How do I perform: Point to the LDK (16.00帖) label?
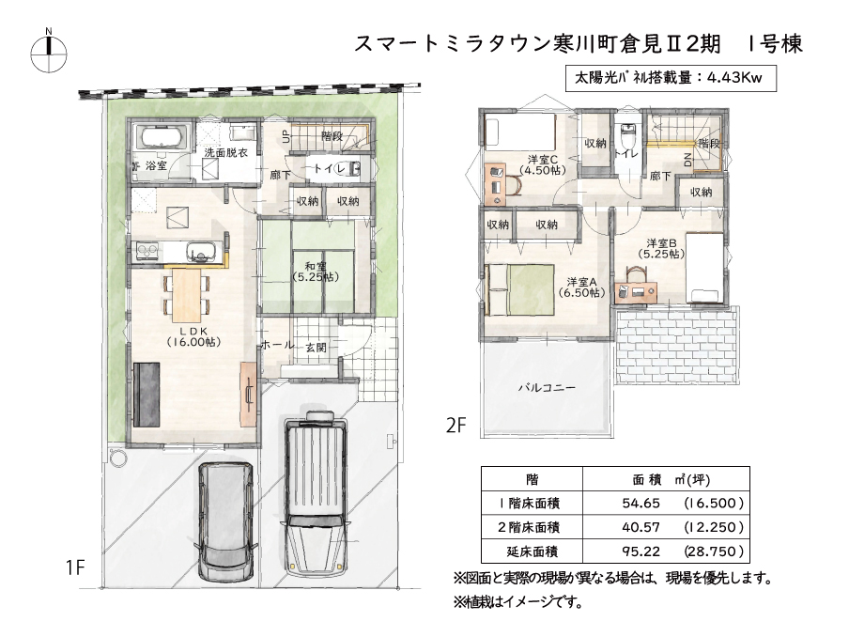pyautogui.click(x=193, y=336)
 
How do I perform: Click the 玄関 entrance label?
pyautogui.click(x=316, y=348)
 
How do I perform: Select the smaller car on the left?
pyautogui.click(x=226, y=521)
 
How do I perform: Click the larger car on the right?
pyautogui.click(x=316, y=494)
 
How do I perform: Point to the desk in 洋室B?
pyautogui.click(x=637, y=291)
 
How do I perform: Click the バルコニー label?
pyautogui.click(x=547, y=387)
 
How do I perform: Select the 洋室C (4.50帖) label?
pyautogui.click(x=543, y=164)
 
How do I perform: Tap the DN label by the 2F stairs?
pyautogui.click(x=688, y=160)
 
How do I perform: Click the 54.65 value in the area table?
pyautogui.click(x=641, y=504)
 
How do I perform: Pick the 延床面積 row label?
pyautogui.click(x=533, y=552)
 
